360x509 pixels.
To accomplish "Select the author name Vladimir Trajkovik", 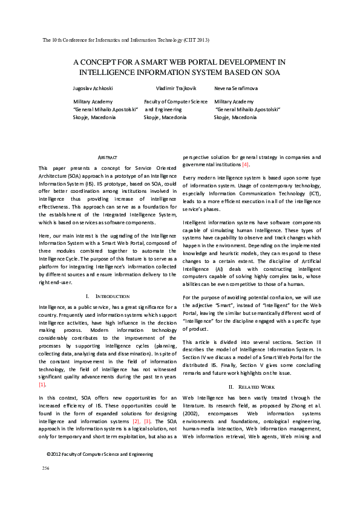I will point(175,88).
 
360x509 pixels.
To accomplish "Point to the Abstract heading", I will point(107,157).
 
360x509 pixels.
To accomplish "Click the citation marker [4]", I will point(245,165).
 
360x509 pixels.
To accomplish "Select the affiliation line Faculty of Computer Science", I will point(175,102).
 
